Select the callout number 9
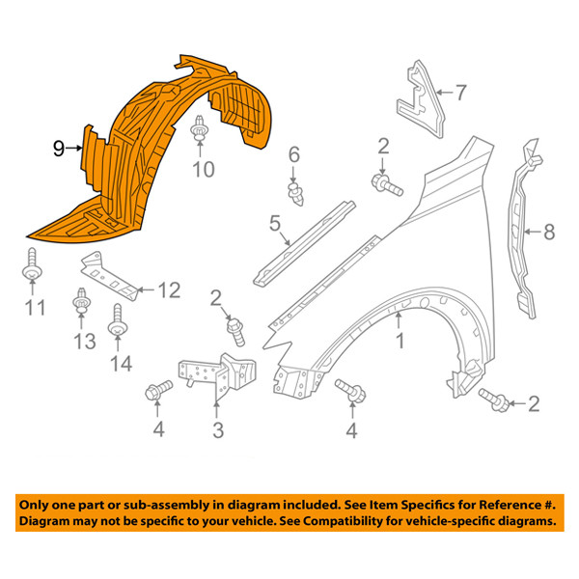point(59,148)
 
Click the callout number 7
point(460,93)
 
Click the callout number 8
point(549,232)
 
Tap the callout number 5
point(276,225)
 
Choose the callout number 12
point(169,289)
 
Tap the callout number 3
point(218,428)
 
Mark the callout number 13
point(83,340)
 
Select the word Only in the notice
point(38,505)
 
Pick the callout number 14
point(122,363)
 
